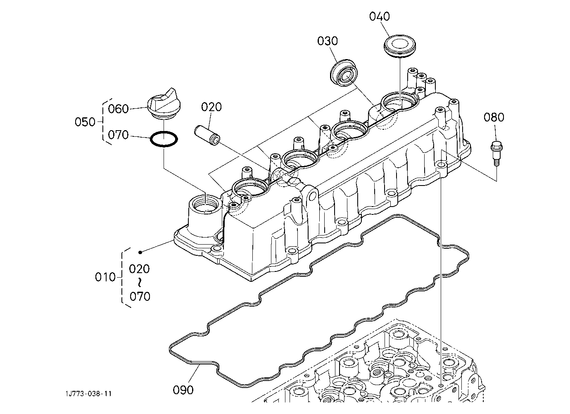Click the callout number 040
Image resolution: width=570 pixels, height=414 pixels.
[380, 17]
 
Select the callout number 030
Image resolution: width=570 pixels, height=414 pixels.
[328, 41]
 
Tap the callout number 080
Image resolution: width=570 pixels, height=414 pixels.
[494, 117]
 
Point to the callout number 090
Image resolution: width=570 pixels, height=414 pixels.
[183, 390]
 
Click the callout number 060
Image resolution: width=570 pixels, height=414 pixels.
[118, 109]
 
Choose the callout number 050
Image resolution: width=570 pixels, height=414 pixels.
[85, 122]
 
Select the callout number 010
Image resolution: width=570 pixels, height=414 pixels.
[105, 277]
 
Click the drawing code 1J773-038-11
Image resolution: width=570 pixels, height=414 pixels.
[88, 394]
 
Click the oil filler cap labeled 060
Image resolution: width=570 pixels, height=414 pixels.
[164, 105]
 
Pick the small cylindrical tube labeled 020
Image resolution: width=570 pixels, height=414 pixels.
[207, 135]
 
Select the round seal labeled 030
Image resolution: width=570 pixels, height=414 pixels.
[344, 73]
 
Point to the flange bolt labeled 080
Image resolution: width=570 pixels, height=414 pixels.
[496, 153]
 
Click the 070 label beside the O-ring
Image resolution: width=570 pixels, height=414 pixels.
[118, 135]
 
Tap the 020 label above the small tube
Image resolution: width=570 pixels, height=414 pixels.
[211, 107]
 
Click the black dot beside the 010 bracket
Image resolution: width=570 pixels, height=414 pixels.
[140, 252]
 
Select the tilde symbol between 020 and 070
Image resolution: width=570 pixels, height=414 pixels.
[140, 283]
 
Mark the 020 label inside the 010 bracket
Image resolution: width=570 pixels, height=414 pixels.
[139, 269]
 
